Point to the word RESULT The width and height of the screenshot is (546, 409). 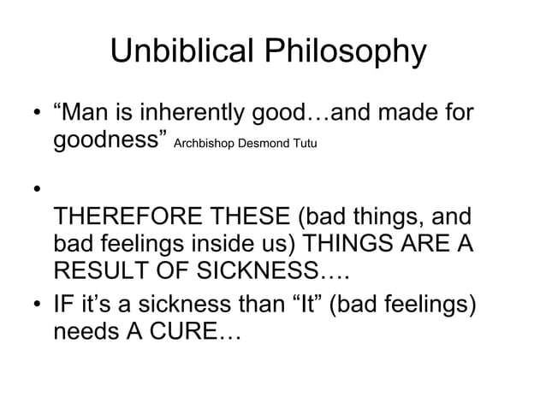point(96,271)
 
